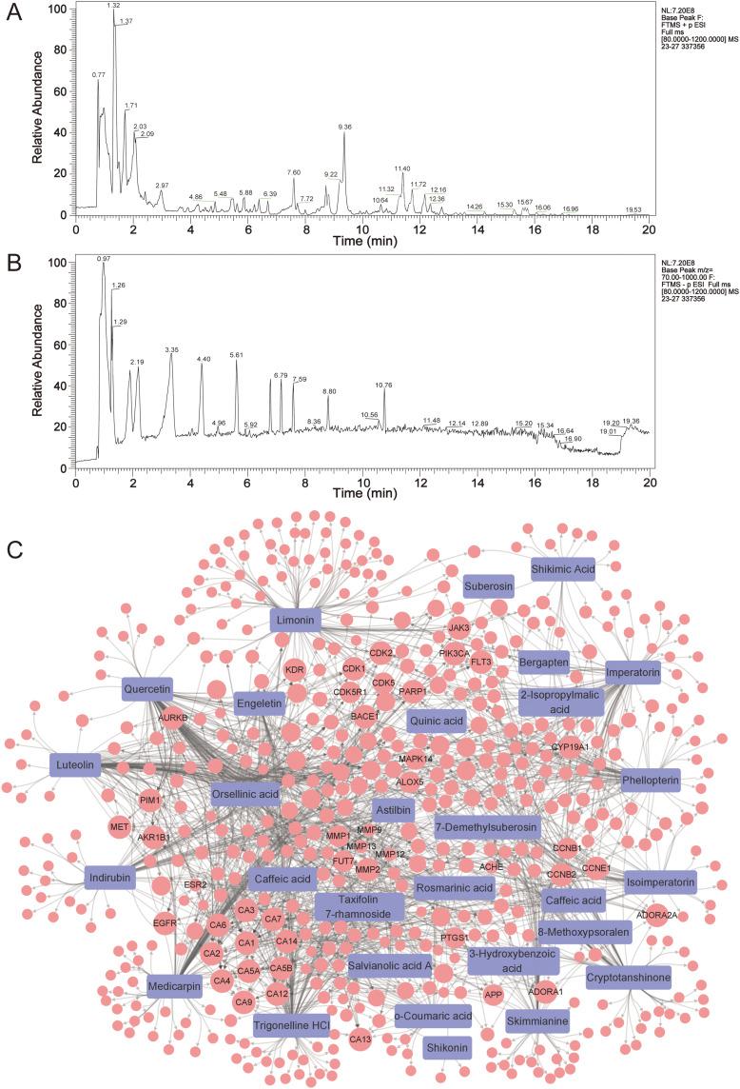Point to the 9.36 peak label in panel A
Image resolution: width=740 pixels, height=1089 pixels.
coord(344,126)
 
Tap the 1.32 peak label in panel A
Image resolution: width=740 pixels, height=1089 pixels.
coord(114,6)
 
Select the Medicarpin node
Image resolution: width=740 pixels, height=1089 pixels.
coord(175,986)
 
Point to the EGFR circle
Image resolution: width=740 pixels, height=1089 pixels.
coord(166,922)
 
